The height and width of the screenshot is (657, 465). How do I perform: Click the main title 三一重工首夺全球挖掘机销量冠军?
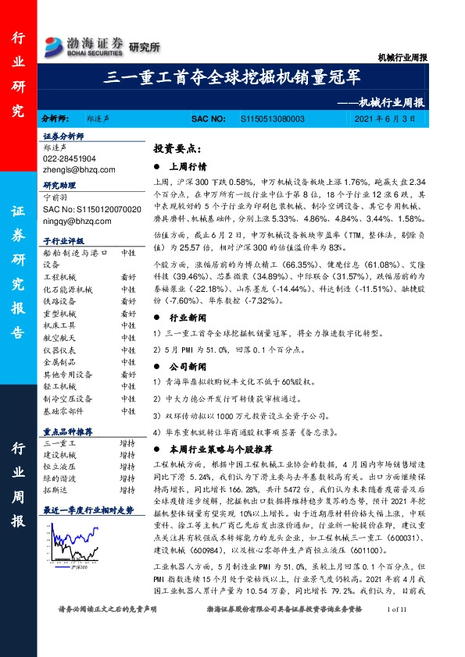(233, 76)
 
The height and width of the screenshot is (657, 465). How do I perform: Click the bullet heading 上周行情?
(188, 166)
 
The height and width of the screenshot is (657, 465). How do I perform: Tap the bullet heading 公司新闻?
(188, 366)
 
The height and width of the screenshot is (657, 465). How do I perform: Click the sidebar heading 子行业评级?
(63, 240)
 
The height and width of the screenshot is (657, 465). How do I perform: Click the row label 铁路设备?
(59, 301)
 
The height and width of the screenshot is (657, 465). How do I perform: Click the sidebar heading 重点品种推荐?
(68, 431)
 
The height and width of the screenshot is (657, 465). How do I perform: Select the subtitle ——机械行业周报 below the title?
(381, 101)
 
